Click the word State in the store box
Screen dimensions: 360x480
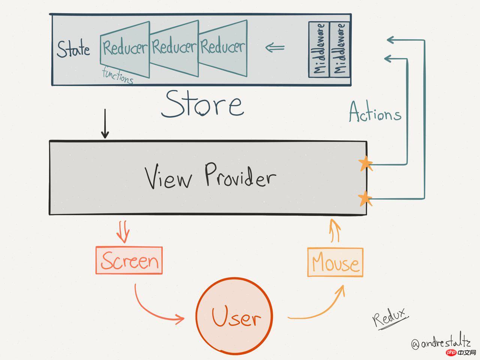tap(73, 49)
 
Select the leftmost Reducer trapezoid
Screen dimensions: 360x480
tap(124, 48)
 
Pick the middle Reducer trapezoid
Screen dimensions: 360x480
tap(174, 48)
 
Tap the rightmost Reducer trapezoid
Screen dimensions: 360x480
tap(223, 47)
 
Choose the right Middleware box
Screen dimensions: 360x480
tap(339, 49)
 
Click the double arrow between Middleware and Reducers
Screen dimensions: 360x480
tap(274, 48)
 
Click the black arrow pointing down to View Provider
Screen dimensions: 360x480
tap(105, 124)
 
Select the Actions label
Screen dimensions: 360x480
tap(375, 112)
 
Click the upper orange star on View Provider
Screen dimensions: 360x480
tap(365, 164)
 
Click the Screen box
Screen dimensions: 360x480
tap(129, 260)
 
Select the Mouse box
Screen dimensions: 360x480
tap(335, 262)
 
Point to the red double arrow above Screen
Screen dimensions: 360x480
tap(123, 232)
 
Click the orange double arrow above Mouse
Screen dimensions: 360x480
tap(335, 230)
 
